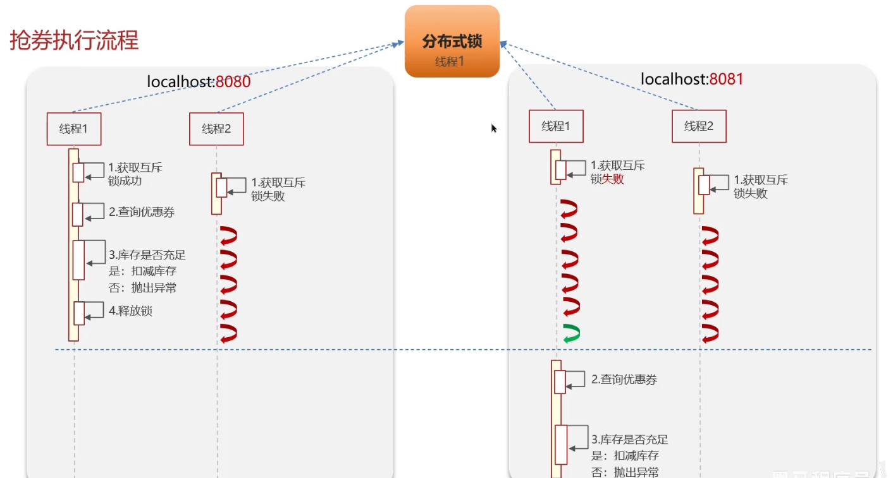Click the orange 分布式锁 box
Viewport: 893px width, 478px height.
pyautogui.click(x=452, y=42)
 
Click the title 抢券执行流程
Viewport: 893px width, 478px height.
pyautogui.click(x=74, y=40)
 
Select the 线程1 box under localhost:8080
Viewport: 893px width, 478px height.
pyautogui.click(x=73, y=129)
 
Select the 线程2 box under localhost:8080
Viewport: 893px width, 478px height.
pyautogui.click(x=216, y=129)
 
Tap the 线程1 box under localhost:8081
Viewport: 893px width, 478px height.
pyautogui.click(x=556, y=126)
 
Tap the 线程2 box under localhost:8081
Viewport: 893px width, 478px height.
pyautogui.click(x=699, y=126)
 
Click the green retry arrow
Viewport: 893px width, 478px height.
pyautogui.click(x=571, y=334)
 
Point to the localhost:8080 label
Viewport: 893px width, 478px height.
pyautogui.click(x=199, y=81)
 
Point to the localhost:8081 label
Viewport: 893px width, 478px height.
pyautogui.click(x=692, y=79)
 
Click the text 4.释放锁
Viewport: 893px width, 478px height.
pyautogui.click(x=130, y=311)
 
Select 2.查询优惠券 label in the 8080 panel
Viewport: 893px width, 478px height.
pyautogui.click(x=142, y=212)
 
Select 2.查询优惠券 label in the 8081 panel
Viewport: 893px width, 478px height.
pyautogui.click(x=624, y=379)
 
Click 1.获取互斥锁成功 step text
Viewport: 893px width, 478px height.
pyautogui.click(x=135, y=174)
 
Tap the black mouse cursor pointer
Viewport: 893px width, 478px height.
pyautogui.click(x=494, y=128)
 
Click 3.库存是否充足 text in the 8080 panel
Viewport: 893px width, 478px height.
pyautogui.click(x=147, y=255)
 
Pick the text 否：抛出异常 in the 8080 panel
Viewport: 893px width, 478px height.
pyautogui.click(x=142, y=288)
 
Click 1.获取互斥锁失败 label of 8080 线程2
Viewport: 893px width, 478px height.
pyautogui.click(x=278, y=189)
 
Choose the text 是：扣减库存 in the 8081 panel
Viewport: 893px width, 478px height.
pyautogui.click(x=625, y=456)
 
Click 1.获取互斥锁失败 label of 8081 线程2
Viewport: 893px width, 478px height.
pyautogui.click(x=760, y=187)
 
